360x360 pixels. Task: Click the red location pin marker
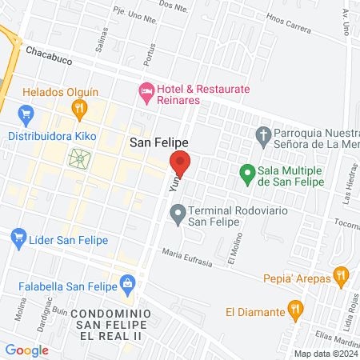click(181, 163)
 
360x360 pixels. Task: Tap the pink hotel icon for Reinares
click(146, 94)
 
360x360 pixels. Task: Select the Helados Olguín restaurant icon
click(78, 109)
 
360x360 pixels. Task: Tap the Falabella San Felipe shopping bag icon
click(127, 282)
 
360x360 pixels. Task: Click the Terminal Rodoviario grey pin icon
click(178, 214)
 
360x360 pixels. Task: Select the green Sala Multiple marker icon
click(247, 172)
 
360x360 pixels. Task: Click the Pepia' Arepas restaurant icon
click(341, 276)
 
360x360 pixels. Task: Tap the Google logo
click(26, 350)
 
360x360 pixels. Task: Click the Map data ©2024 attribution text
click(325, 354)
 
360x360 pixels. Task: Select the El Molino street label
click(233, 250)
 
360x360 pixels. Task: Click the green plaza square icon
click(80, 158)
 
